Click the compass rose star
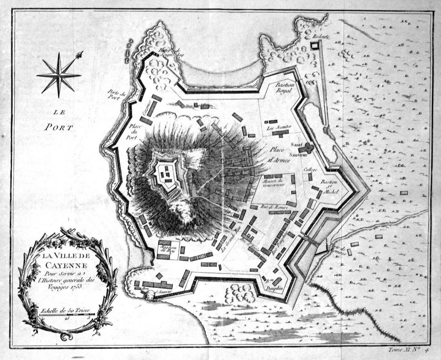tap(59, 75)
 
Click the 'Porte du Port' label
tap(117, 95)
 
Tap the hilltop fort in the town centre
tap(165, 173)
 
